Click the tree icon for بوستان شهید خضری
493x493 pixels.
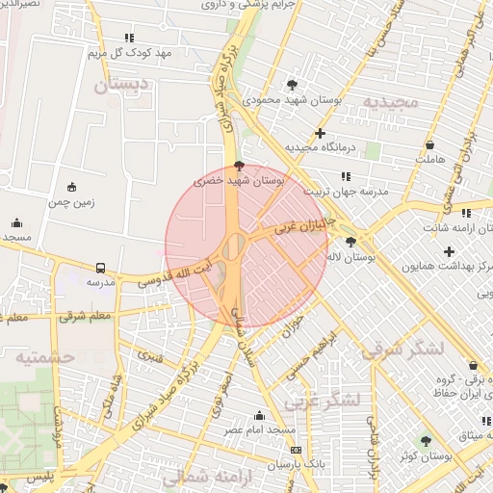[239, 166]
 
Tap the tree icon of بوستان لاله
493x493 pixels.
[350, 243]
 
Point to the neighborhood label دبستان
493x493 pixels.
[122, 86]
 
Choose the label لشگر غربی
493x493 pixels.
[329, 398]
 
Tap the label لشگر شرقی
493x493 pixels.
[403, 349]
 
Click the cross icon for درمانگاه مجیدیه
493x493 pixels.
[320, 133]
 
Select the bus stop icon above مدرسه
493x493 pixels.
[101, 268]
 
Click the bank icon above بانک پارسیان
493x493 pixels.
[296, 450]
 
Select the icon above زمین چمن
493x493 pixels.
[71, 187]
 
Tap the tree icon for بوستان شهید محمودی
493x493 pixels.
[293, 85]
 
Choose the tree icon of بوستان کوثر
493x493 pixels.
[426, 441]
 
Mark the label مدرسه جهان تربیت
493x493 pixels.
[349, 192]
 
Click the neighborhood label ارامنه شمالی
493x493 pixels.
[203, 477]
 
